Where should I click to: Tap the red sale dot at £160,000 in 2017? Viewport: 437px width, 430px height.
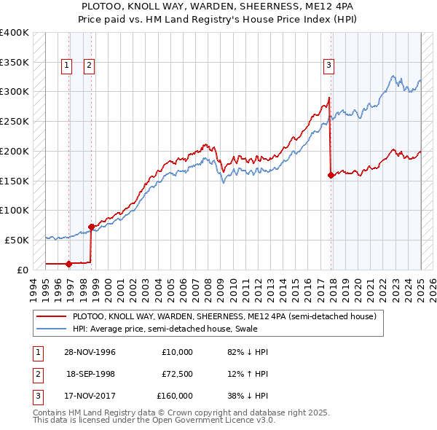pos(331,175)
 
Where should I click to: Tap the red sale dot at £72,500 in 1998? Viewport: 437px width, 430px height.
pos(92,227)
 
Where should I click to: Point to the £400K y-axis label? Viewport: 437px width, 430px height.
pos(15,33)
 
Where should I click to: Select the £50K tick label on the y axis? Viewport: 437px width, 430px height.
pos(17,240)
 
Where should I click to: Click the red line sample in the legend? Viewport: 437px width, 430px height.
pos(51,317)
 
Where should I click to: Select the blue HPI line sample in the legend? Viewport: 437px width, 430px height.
pos(51,329)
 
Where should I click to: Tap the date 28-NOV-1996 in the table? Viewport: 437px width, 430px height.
pos(90,352)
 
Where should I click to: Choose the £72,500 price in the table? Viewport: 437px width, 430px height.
pos(178,374)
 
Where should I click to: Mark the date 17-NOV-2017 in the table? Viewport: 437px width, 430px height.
pos(90,396)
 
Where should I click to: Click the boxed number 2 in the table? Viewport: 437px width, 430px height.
pos(36,374)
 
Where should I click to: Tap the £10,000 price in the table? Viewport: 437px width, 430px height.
pos(178,352)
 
